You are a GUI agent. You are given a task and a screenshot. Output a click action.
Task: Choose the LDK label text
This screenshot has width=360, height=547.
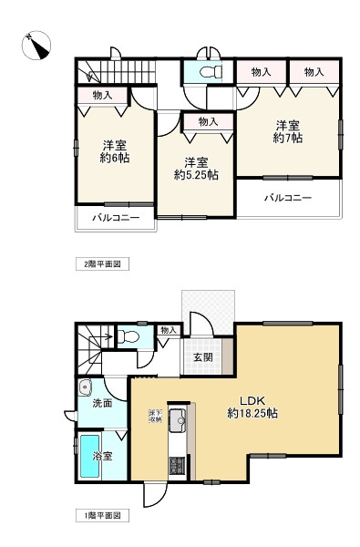click(x=252, y=399)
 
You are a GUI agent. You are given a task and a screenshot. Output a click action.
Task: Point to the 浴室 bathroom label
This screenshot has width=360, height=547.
click(x=101, y=456)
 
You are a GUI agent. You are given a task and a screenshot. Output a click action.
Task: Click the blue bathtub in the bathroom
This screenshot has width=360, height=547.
click(x=89, y=456)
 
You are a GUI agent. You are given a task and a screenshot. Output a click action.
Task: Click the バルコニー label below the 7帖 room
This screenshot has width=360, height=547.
click(x=288, y=196)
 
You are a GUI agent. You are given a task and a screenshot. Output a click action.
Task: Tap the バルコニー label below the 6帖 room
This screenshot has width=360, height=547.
click(x=115, y=219)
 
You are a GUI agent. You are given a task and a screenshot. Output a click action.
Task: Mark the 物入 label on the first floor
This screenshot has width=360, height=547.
click(x=168, y=330)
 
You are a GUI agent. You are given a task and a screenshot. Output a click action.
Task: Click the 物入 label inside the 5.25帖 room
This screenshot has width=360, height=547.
click(x=207, y=121)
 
